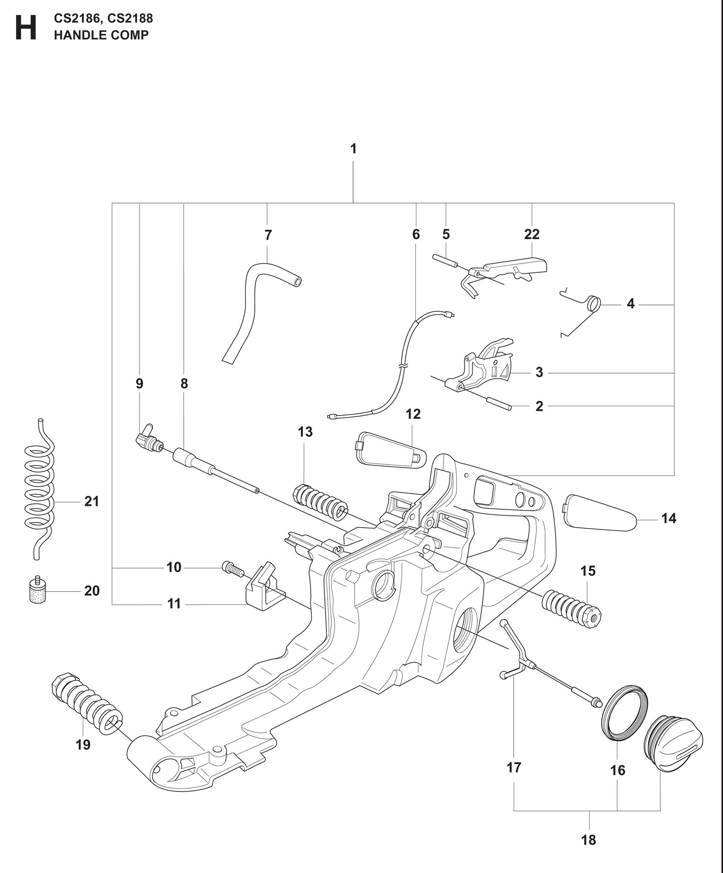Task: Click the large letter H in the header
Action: (26, 28)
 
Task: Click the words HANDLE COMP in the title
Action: (101, 35)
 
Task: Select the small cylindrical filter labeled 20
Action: (37, 590)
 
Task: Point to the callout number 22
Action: (532, 234)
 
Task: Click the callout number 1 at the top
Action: (353, 149)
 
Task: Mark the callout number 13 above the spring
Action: (305, 432)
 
